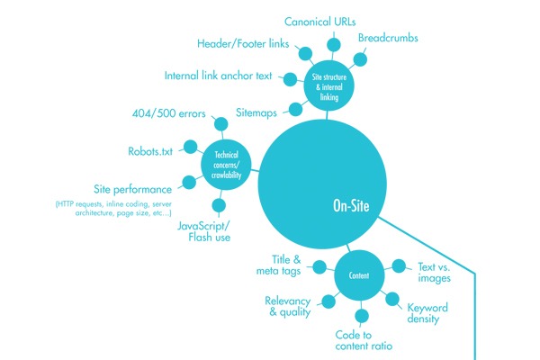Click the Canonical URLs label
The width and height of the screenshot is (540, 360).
[x=321, y=21]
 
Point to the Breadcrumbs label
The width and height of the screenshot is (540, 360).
[x=390, y=40]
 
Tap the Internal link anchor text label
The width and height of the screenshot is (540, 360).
[x=218, y=76]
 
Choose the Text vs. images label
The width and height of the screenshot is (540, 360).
[x=435, y=272]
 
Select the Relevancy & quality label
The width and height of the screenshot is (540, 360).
[x=287, y=306]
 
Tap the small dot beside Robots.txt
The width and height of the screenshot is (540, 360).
[x=189, y=146]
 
